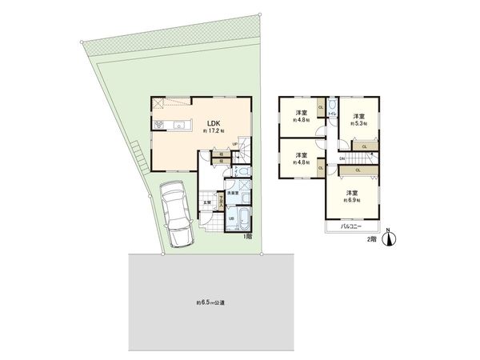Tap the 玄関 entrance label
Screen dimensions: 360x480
(206, 202)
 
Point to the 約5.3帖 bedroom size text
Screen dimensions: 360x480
(358, 122)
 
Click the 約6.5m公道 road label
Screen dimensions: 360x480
(211, 303)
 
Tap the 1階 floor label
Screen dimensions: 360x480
(249, 238)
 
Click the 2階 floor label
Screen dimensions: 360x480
(370, 238)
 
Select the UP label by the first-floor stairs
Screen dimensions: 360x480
(235, 144)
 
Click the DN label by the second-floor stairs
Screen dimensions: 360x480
(342, 158)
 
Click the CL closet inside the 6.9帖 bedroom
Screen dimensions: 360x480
(357, 170)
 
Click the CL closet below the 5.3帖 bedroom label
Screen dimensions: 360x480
(364, 146)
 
